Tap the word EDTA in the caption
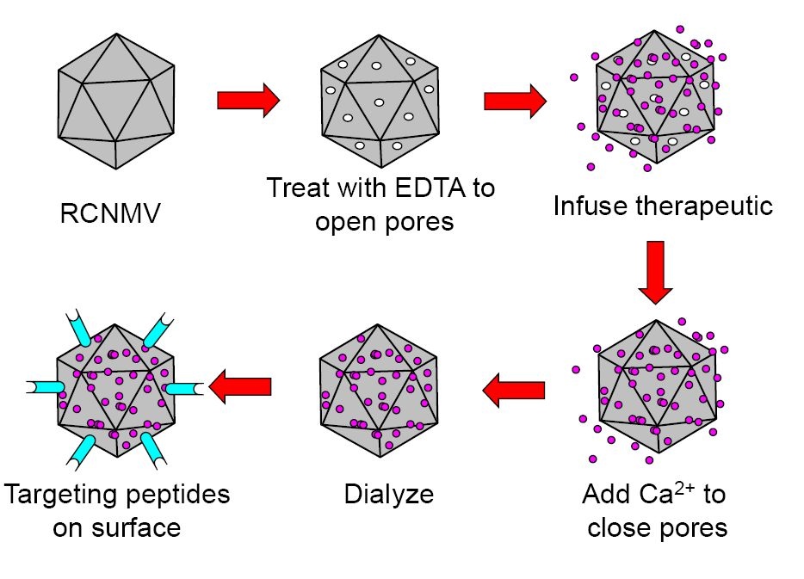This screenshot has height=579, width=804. [x=415, y=188]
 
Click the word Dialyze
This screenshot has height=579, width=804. [x=388, y=495]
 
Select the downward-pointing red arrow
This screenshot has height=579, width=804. [x=656, y=272]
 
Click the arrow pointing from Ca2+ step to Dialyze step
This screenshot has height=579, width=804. [x=513, y=390]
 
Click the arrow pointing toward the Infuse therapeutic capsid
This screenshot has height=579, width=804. [x=515, y=100]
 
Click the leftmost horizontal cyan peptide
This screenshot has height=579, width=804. [x=43, y=388]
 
